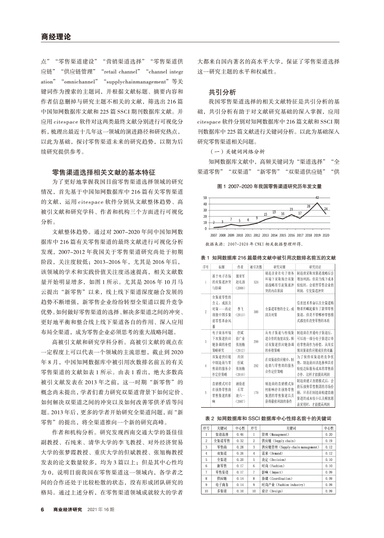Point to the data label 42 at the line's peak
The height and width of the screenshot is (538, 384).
pyautogui.click(x=317, y=198)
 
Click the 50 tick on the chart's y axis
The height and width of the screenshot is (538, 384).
pyautogui.click(x=205, y=198)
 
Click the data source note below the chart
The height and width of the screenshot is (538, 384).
pyautogui.click(x=253, y=243)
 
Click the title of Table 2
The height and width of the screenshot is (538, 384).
pyautogui.click(x=268, y=418)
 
